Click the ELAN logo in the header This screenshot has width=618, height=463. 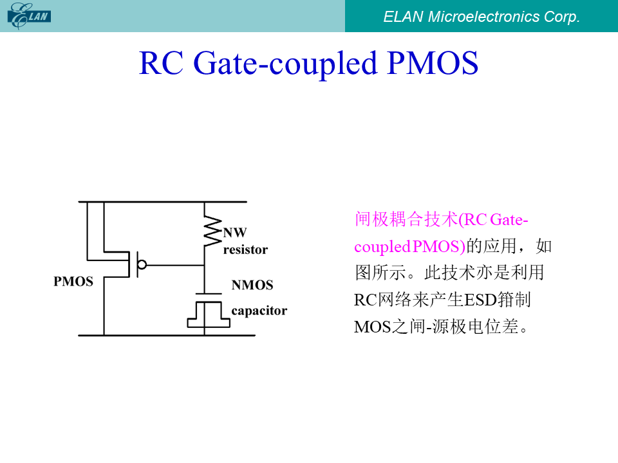pos(29,15)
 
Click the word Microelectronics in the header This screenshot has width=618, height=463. pos(483,17)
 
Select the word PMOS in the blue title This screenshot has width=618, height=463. pos(433,63)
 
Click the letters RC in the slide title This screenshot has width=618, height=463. pos(161,63)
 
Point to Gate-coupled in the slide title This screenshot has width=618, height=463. pos(285,64)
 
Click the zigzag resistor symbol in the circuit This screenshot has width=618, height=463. pos(212,231)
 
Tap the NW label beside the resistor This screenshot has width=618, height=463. pos(235,233)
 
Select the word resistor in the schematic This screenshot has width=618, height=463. pos(245,250)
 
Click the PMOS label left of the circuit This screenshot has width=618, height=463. pos(73,282)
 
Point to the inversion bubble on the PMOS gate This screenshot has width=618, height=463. pos(142,264)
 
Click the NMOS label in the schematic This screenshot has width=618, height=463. pos(252,285)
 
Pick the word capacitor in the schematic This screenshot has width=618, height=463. pos(259,311)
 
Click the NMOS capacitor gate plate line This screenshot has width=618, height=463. pos(209,294)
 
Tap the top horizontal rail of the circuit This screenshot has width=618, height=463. pos(162,202)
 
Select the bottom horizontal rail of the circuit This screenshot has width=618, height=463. pos(167,336)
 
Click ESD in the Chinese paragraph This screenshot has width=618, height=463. pos(481,300)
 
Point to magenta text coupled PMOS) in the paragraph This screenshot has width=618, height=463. pos(410,247)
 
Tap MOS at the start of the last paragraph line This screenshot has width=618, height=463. pos(372,327)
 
